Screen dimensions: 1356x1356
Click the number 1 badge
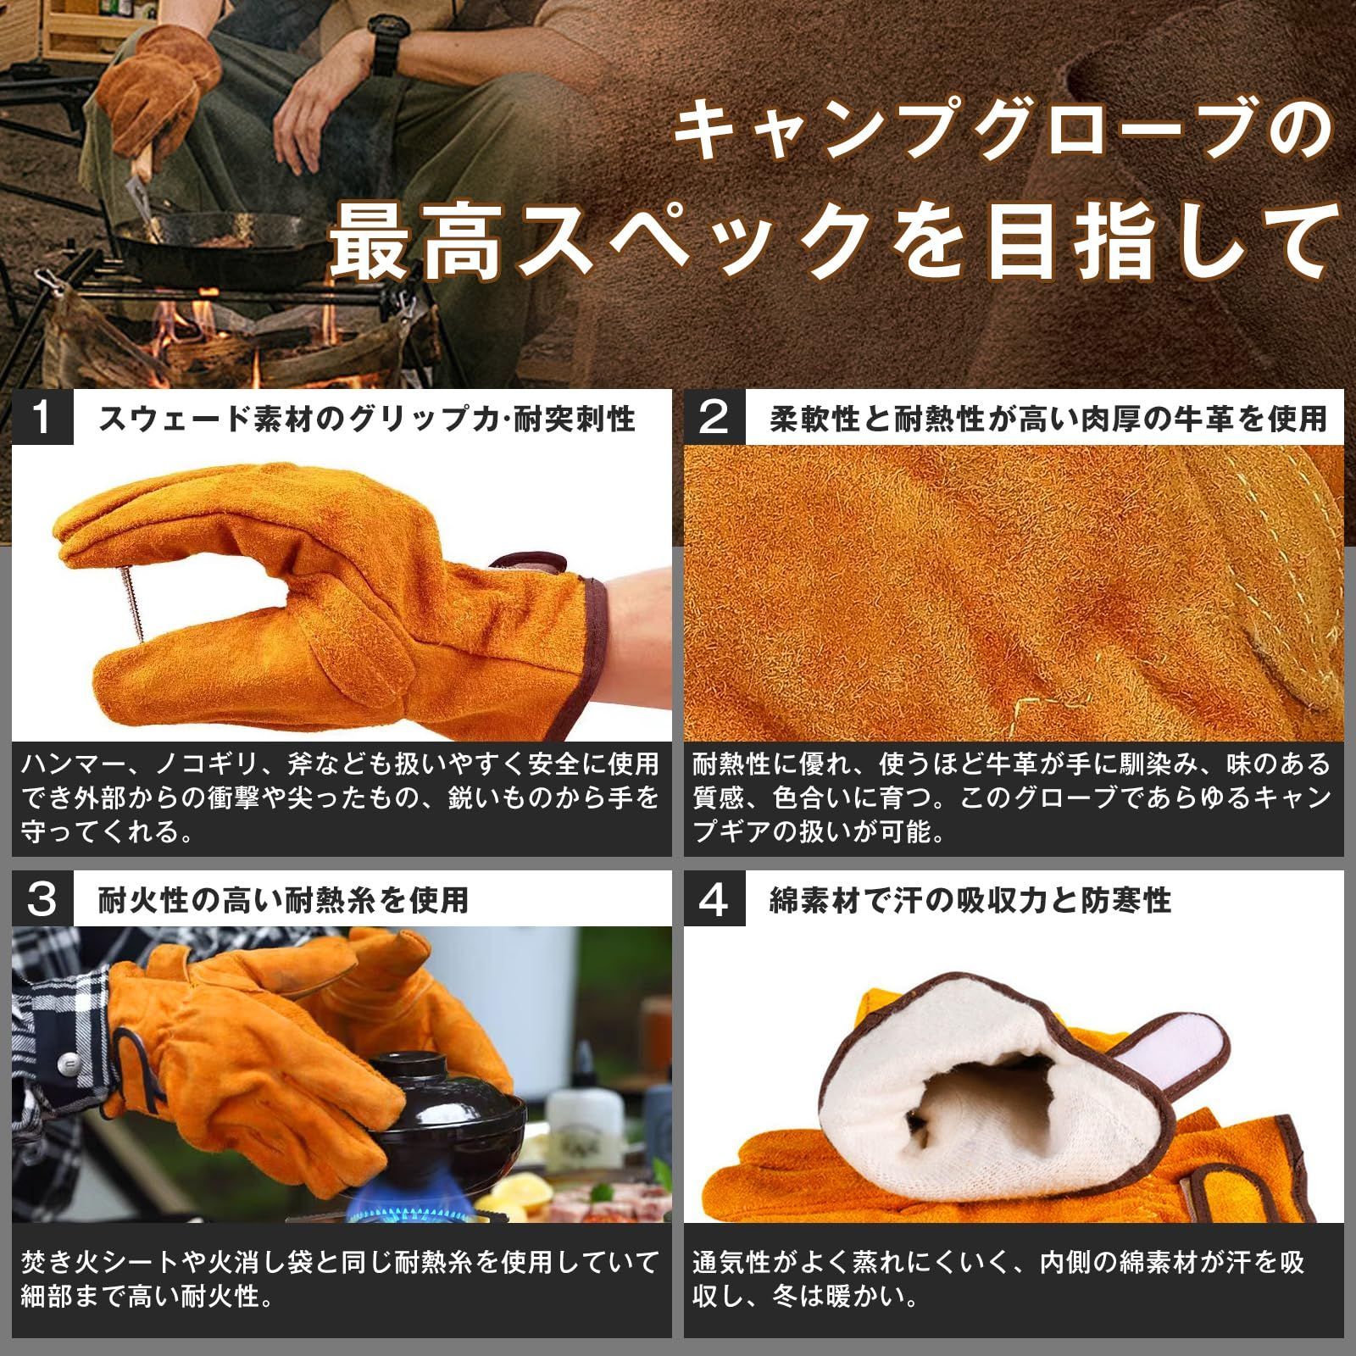pyautogui.click(x=42, y=417)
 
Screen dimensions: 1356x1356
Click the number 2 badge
pyautogui.click(x=714, y=417)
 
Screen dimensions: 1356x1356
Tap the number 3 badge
pyautogui.click(x=42, y=898)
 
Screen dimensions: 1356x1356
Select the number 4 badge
pyautogui.click(x=714, y=898)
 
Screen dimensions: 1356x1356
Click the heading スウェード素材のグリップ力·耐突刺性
pyautogui.click(x=367, y=419)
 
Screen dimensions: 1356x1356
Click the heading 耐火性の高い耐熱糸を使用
pyautogui.click(x=283, y=899)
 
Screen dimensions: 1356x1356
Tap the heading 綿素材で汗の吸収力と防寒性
pyautogui.click(x=970, y=899)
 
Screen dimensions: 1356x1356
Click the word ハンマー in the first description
pyautogui.click(x=75, y=764)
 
